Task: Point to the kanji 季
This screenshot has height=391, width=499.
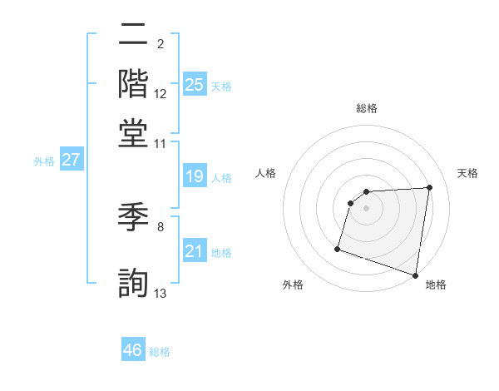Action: [133, 220]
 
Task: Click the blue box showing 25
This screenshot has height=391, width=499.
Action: [195, 84]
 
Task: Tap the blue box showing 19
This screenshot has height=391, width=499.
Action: [195, 176]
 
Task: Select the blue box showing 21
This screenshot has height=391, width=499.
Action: [195, 251]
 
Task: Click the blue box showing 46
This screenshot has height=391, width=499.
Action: [133, 350]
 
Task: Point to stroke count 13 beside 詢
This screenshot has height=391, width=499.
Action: [161, 293]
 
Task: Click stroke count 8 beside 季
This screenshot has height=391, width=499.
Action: [161, 226]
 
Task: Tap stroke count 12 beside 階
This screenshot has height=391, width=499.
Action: [161, 95]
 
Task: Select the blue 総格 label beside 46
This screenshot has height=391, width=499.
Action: [160, 352]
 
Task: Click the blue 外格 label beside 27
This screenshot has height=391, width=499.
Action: [44, 161]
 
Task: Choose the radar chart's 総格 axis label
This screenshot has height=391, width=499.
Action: [366, 108]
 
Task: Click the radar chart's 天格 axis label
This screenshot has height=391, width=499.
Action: [467, 173]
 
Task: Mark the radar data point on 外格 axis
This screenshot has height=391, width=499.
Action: [338, 248]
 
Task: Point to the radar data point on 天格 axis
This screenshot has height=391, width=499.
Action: [429, 187]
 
